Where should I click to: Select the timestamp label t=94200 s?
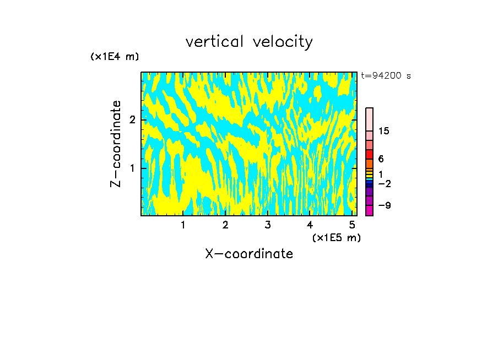[386, 76]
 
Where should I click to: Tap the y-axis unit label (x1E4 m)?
[115, 57]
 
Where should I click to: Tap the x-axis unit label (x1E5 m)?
[336, 237]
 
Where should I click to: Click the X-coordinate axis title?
[249, 254]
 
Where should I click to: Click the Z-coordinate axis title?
[116, 144]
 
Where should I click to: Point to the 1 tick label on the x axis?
[183, 225]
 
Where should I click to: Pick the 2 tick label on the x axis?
[225, 225]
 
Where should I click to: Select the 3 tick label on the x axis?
[267, 225]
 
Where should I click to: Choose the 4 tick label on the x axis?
[310, 225]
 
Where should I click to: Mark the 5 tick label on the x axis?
[352, 225]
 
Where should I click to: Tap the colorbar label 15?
[384, 131]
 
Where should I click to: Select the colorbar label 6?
[381, 159]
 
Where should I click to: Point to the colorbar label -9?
[383, 206]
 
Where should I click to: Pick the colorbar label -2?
[383, 184]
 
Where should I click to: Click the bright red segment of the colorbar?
[369, 154]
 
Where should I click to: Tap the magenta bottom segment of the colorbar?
[369, 210]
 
